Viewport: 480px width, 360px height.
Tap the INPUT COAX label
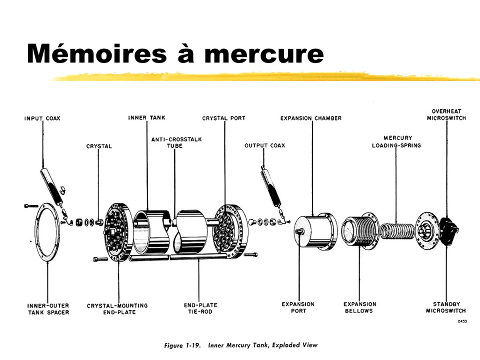tap(42, 118)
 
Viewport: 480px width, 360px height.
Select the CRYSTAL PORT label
tap(223, 118)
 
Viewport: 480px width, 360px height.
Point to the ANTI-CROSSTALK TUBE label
tap(176, 142)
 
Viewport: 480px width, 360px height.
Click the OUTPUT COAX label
tap(264, 145)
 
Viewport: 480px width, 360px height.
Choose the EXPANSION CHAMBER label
tap(311, 118)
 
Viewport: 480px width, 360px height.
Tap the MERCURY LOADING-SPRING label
tap(396, 141)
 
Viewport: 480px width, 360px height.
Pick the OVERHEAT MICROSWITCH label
tap(446, 114)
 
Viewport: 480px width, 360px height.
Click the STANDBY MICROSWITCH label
tap(446, 307)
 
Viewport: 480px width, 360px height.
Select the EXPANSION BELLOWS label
tap(360, 307)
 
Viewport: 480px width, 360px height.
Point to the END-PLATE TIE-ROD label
tap(198, 307)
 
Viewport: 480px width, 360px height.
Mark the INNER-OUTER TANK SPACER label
tap(48, 308)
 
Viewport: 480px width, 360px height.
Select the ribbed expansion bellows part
tap(359, 231)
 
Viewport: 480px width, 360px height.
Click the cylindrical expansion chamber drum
tap(315, 231)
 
